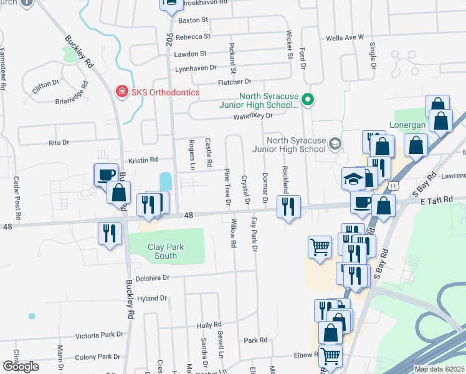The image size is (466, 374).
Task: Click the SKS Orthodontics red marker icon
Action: coord(123,92)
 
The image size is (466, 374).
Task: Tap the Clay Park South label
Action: coord(166,251)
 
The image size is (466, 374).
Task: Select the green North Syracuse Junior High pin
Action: coord(307,99)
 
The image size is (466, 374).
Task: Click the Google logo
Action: coord(21,366)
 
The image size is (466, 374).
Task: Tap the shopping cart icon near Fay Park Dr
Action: coord(320,246)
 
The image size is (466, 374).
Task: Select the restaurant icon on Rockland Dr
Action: coord(288,206)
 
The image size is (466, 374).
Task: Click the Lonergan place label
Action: coord(409,123)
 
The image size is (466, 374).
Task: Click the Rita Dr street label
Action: coord(59,143)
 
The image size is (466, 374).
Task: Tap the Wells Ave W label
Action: coord(345,38)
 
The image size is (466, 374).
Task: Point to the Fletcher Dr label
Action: coord(234,82)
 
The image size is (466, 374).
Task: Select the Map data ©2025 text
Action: coord(439,369)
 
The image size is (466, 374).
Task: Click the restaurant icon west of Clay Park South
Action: coord(110,234)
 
